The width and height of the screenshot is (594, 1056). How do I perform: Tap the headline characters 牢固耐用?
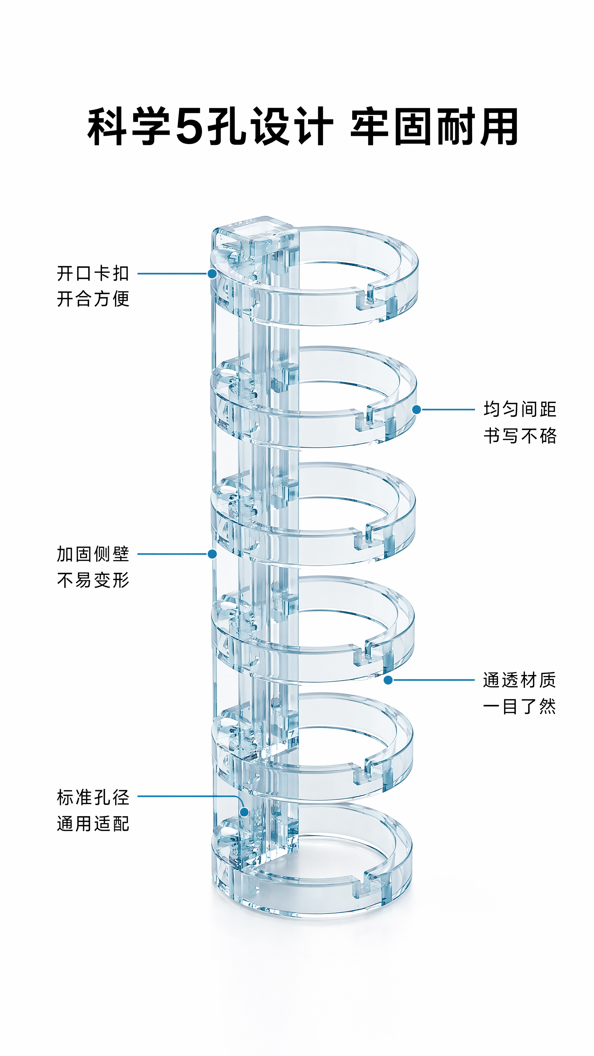[x=434, y=126]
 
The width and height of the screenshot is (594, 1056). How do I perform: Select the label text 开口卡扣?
[x=93, y=273]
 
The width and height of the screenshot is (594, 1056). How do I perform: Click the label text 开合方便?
[x=93, y=299]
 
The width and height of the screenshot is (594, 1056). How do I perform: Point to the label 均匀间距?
[x=520, y=409]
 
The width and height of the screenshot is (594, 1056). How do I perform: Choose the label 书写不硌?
[x=520, y=435]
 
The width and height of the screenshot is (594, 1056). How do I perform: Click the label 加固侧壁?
[x=93, y=554]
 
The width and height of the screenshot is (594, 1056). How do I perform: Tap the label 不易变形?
[x=93, y=580]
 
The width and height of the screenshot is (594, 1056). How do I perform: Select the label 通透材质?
[x=519, y=680]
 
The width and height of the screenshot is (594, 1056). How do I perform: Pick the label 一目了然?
[x=519, y=706]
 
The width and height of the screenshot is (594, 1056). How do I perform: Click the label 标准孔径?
[x=93, y=797]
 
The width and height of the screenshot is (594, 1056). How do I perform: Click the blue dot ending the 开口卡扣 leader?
[x=212, y=273]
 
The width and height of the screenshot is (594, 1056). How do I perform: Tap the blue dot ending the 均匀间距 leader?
[x=417, y=409]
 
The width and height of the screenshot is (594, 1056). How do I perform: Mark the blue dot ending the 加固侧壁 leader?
[x=212, y=554]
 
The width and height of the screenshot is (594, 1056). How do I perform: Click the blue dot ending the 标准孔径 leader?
[x=244, y=812]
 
